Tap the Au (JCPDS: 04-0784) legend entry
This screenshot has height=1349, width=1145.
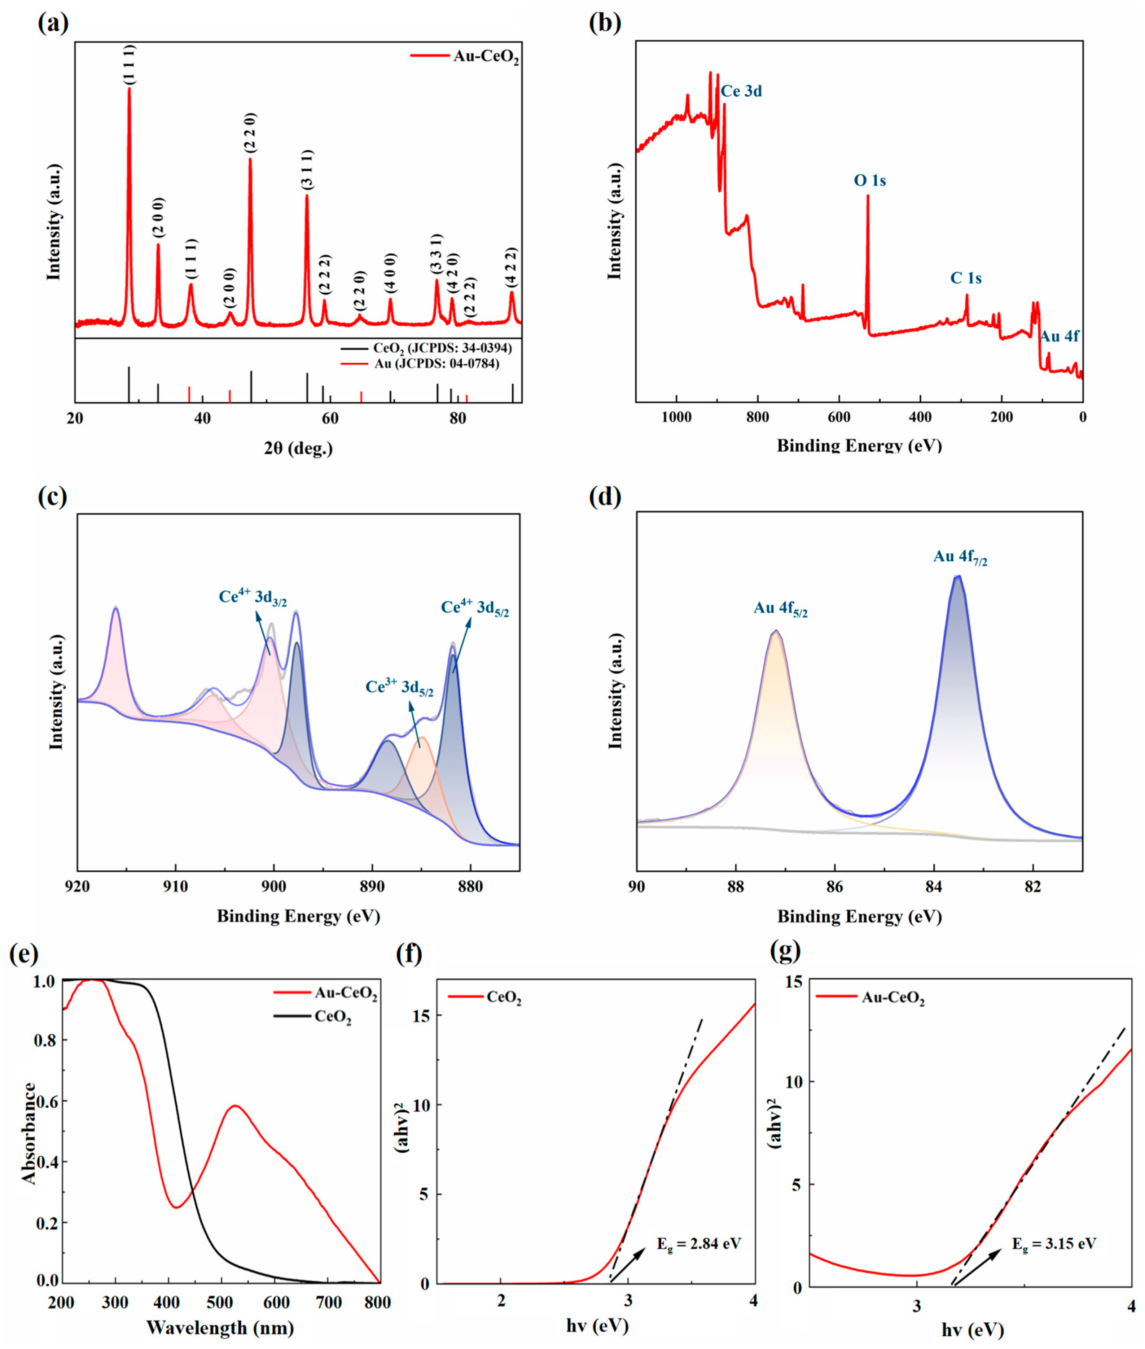click(x=436, y=364)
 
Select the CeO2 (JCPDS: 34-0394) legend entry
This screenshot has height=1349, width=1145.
click(x=442, y=349)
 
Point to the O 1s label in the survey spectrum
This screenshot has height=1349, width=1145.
click(x=870, y=180)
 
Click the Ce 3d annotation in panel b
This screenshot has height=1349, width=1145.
click(x=741, y=92)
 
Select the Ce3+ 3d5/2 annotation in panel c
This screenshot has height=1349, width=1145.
click(x=399, y=687)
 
